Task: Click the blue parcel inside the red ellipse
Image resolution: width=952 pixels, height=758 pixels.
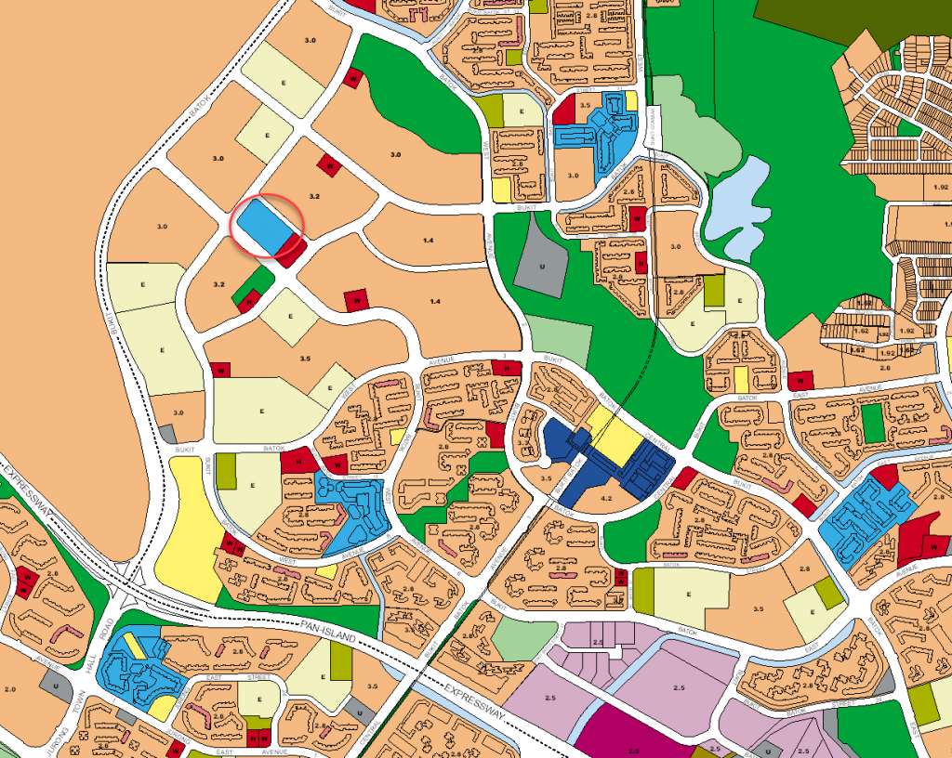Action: click(268, 226)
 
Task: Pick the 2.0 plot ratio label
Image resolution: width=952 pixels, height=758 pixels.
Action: click(10, 689)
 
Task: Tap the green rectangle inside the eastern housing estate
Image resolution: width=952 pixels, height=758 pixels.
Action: click(872, 423)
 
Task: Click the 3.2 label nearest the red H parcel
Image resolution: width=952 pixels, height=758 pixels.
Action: click(220, 284)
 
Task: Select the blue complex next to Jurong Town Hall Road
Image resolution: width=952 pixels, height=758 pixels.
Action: click(130, 664)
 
